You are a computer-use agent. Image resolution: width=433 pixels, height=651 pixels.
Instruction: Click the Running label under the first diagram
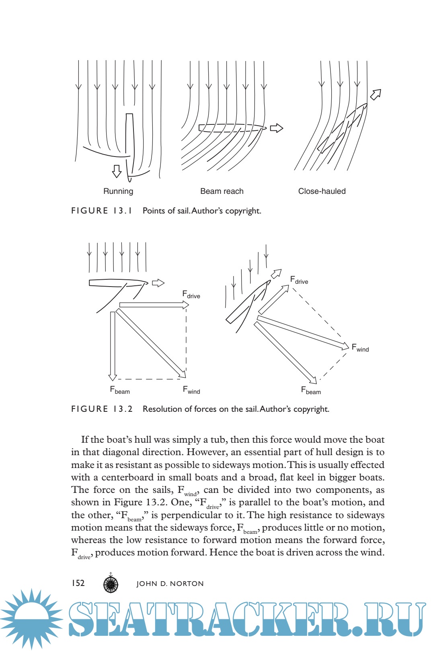pyautogui.click(x=118, y=191)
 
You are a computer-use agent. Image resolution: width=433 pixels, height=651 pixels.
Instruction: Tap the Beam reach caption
pyautogui.click(x=222, y=191)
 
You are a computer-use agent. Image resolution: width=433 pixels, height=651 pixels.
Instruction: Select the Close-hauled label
pyautogui.click(x=322, y=191)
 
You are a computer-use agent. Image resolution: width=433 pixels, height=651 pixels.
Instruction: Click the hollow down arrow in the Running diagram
pyautogui.click(x=117, y=171)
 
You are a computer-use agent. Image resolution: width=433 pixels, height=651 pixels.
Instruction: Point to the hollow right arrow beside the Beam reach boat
pyautogui.click(x=277, y=128)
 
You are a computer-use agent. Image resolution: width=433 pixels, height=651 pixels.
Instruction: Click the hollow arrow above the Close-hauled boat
pyautogui.click(x=376, y=94)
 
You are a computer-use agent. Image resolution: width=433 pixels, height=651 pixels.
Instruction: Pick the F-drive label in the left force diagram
pyautogui.click(x=191, y=295)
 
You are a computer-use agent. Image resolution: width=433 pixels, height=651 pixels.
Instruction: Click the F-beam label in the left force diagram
pyautogui.click(x=120, y=390)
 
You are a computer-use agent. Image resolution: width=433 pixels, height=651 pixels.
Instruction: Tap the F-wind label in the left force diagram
pyautogui.click(x=191, y=390)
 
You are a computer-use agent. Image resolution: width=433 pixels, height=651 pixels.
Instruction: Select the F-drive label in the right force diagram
pyautogui.click(x=299, y=280)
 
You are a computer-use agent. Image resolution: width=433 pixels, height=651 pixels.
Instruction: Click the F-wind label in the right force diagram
pyautogui.click(x=360, y=348)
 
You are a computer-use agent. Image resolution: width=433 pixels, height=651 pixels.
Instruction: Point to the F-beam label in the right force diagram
pyautogui.click(x=311, y=390)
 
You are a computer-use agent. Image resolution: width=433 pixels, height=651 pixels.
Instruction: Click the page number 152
pyautogui.click(x=78, y=583)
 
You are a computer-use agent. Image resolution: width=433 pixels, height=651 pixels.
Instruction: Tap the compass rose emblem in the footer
pyautogui.click(x=111, y=584)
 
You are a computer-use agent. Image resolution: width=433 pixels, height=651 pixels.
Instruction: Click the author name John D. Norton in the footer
pyautogui.click(x=170, y=584)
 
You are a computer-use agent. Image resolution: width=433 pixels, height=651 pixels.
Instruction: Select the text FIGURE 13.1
pyautogui.click(x=102, y=211)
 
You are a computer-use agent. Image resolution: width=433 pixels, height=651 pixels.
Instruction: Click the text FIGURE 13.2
pyautogui.click(x=102, y=409)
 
